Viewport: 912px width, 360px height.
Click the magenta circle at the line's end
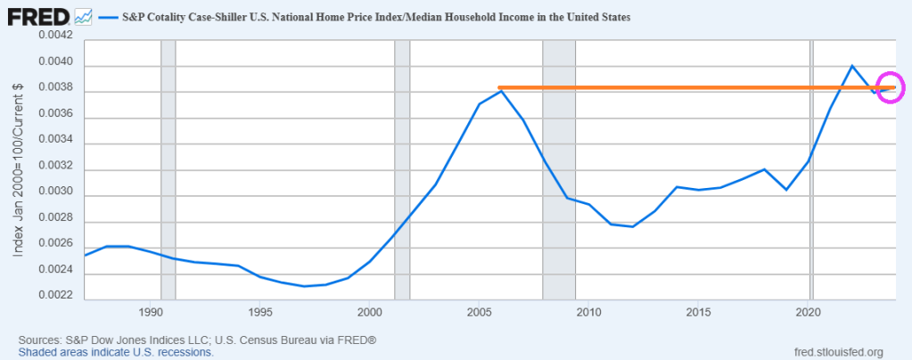click(x=891, y=87)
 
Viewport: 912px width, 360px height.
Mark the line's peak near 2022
click(x=852, y=65)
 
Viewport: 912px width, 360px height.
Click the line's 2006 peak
click(x=502, y=90)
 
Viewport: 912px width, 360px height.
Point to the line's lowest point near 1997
click(x=305, y=286)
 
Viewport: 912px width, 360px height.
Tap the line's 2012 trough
click(x=633, y=226)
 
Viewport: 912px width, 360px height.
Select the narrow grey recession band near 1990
click(x=168, y=169)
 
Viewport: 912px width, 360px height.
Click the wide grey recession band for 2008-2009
click(x=559, y=169)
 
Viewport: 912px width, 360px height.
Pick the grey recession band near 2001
click(x=402, y=169)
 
